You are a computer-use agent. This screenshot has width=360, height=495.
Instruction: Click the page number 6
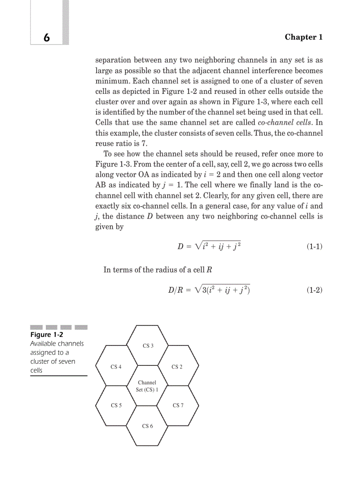(x=46, y=38)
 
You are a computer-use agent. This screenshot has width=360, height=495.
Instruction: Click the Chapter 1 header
(x=304, y=37)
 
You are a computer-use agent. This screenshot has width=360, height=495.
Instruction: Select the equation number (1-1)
(x=314, y=246)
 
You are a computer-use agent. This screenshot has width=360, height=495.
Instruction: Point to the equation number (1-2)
(x=314, y=290)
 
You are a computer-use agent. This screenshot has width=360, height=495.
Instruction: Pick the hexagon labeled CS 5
(x=116, y=405)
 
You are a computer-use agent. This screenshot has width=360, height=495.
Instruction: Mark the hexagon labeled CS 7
(x=178, y=405)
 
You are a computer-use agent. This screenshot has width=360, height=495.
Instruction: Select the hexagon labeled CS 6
(x=147, y=426)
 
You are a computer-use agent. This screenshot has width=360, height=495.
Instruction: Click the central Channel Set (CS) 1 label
(x=147, y=386)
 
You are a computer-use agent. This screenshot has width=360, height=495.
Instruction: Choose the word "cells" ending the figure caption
(x=36, y=370)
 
